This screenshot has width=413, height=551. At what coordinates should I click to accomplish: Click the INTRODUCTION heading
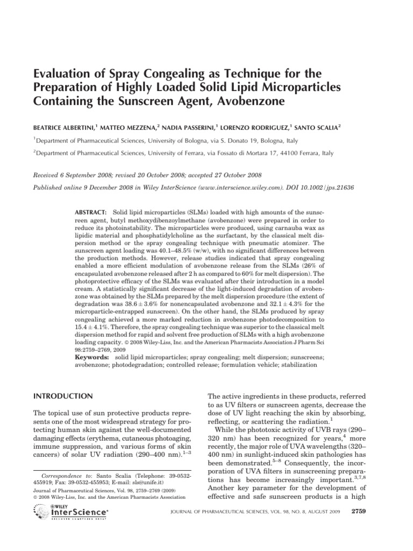(x=63, y=397)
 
